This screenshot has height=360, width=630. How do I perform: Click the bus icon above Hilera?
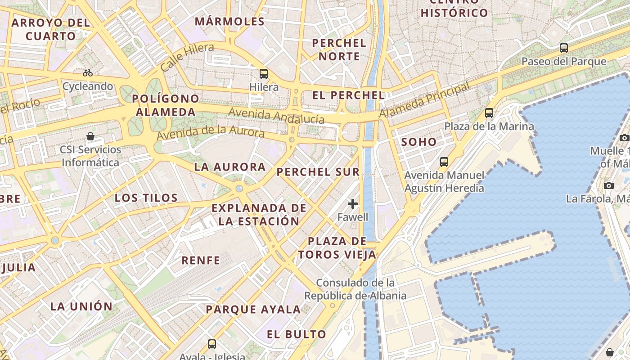264,74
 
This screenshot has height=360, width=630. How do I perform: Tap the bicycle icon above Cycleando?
88,73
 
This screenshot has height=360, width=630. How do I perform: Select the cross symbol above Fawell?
353,204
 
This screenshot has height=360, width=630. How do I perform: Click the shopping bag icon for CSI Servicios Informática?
90,136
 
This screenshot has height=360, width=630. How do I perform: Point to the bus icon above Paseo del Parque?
564,48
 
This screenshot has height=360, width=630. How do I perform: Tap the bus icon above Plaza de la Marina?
489,113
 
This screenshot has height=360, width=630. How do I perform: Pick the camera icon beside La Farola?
609,185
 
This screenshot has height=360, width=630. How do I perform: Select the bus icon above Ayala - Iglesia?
212,344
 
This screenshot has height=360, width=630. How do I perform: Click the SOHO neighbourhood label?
419,142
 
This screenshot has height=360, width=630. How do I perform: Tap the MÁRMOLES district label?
229,22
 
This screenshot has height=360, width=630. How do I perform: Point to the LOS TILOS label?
146,198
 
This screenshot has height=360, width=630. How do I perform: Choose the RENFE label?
201,260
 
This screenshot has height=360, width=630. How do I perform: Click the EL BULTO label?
296,334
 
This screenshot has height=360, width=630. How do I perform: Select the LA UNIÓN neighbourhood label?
81,306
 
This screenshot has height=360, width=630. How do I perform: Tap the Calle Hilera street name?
187,58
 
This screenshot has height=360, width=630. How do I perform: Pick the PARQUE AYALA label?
253,310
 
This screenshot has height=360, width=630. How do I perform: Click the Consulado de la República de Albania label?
355,289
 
